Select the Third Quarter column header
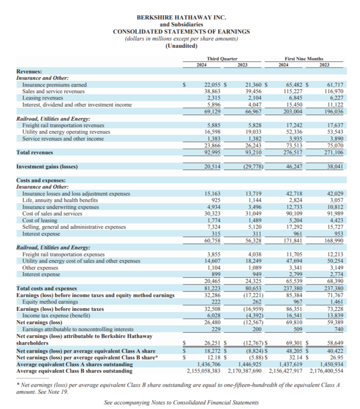(x=222, y=59)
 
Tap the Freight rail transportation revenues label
(x=63, y=126)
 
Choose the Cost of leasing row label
(x=40, y=220)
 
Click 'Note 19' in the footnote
(x=96, y=392)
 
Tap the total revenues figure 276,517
(x=292, y=153)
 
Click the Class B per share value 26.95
(x=333, y=358)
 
